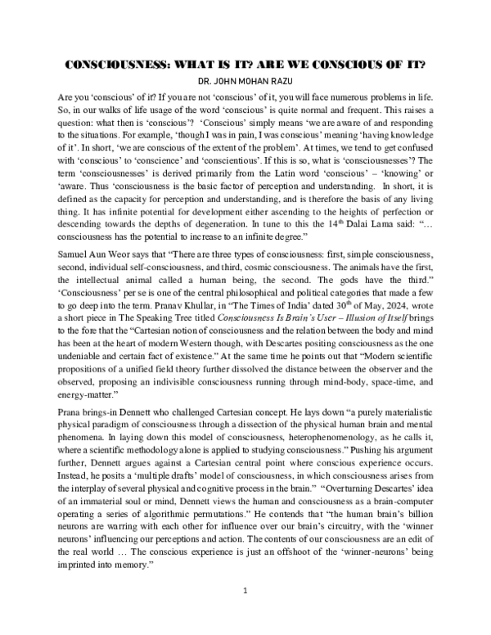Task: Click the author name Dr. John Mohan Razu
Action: click(x=245, y=82)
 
